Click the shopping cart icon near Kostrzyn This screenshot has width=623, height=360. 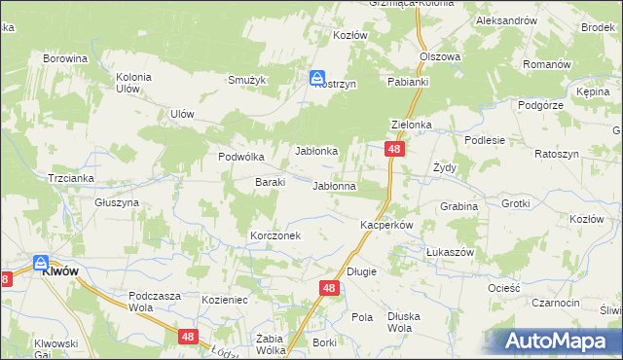(x=318, y=77)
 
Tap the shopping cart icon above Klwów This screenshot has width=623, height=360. (x=41, y=263)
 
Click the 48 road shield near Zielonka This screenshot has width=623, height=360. (x=393, y=149)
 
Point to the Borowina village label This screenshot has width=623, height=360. (x=65, y=58)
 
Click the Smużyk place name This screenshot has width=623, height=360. (x=247, y=80)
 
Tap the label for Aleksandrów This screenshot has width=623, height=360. (x=506, y=20)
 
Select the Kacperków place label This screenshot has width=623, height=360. (x=387, y=225)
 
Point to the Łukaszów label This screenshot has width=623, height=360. (x=450, y=251)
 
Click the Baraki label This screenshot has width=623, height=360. (x=270, y=182)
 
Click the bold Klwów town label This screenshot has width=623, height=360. (x=59, y=273)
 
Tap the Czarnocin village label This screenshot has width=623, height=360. (x=557, y=303)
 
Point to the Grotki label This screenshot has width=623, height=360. (x=516, y=204)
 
